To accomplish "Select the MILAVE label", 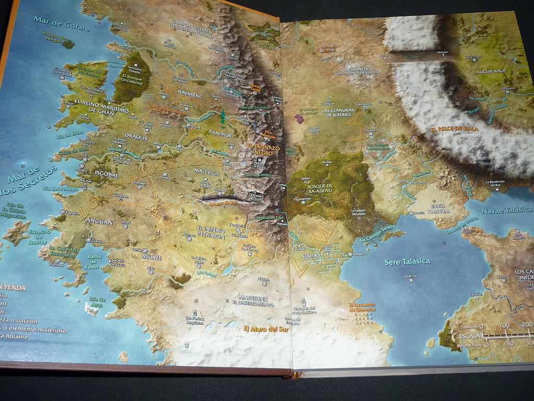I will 151,257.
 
